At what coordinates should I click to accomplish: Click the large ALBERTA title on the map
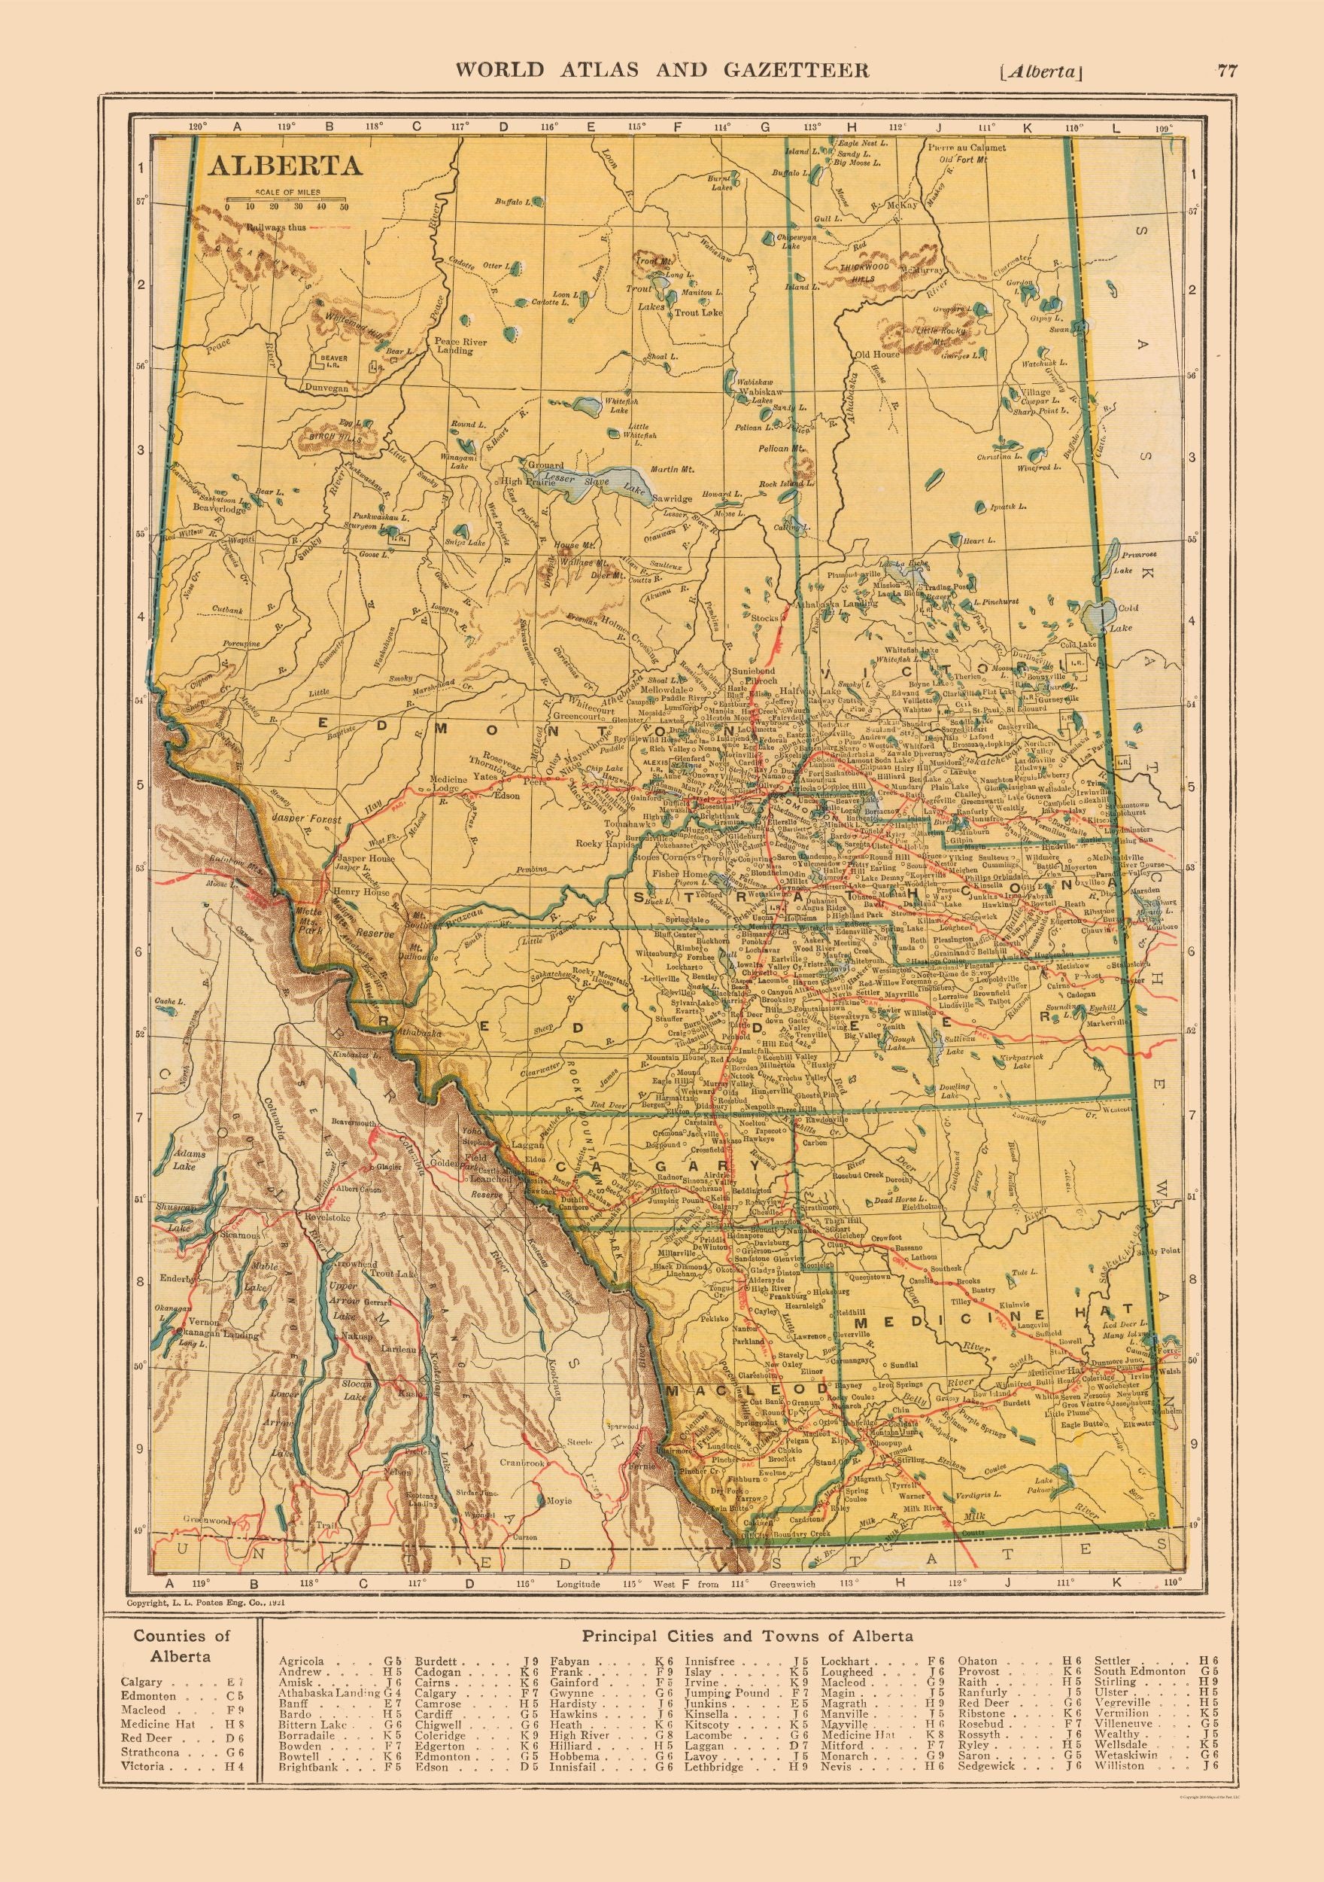click(x=284, y=166)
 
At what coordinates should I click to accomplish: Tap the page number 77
click(x=1226, y=71)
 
